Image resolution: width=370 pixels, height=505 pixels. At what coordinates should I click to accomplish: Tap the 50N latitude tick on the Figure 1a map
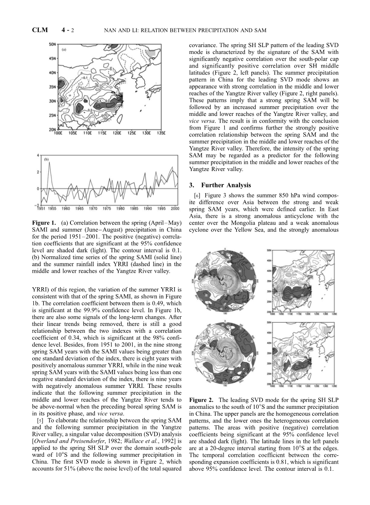52,44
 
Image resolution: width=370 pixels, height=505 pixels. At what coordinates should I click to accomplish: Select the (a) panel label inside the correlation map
64,50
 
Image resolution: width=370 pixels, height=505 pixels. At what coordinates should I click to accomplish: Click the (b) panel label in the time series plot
46,159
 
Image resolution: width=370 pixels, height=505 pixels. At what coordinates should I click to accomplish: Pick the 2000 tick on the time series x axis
175,208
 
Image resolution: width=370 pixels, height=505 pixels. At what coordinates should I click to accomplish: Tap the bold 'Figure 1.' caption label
43,223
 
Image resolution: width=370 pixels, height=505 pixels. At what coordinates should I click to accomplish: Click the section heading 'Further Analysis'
226,185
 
